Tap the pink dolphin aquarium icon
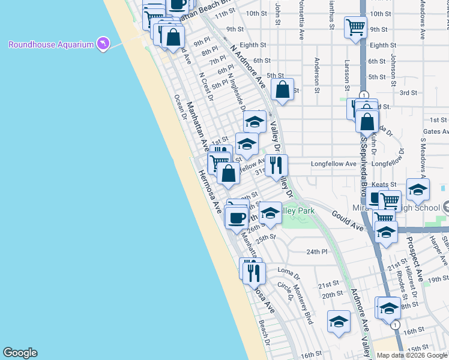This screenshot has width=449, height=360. point(103,44)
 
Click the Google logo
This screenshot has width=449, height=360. point(20,353)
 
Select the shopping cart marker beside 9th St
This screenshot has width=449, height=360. point(355,27)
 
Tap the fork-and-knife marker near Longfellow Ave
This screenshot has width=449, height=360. point(276,165)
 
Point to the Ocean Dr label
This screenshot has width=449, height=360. point(180,107)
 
